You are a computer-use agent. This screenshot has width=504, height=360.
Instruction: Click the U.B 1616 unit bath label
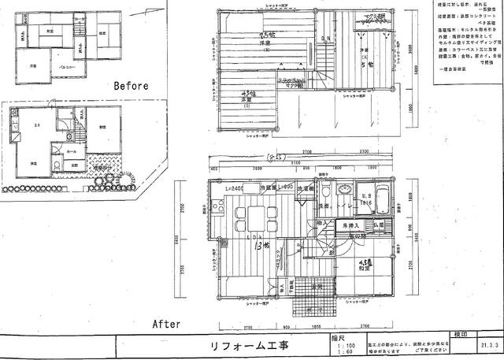pos(365,198)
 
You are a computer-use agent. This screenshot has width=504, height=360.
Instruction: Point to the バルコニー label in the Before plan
pos(57,70)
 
